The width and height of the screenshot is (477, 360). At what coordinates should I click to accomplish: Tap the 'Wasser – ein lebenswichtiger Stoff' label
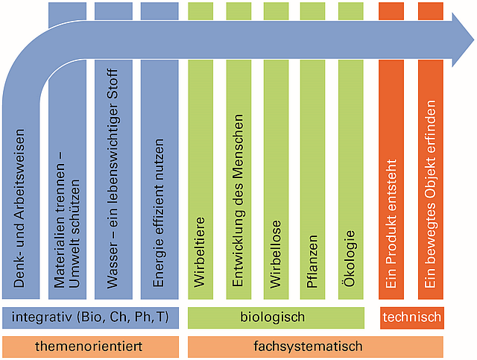click(x=113, y=179)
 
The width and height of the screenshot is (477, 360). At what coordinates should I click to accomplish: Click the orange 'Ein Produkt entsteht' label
click(x=392, y=224)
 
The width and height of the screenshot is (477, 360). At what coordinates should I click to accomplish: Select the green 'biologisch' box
click(x=273, y=318)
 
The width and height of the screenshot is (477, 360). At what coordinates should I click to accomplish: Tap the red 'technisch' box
click(x=411, y=318)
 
